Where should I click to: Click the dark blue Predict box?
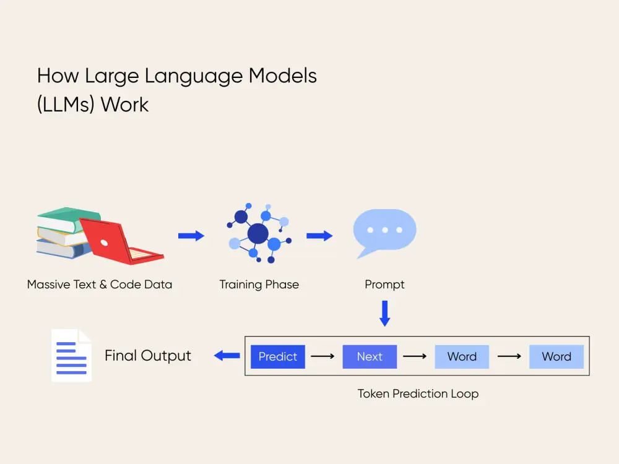[278, 356]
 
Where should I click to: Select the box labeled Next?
[370, 356]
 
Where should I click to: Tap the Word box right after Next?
[462, 356]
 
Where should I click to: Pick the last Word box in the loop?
[556, 356]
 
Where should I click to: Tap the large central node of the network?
[258, 233]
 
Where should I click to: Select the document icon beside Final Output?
[71, 355]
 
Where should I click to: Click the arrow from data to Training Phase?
[191, 236]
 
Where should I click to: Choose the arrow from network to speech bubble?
[319, 236]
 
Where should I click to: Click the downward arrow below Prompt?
[384, 313]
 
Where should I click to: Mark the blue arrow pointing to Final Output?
[227, 355]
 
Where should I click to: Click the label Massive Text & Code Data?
[100, 285]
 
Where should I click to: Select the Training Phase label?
[259, 285]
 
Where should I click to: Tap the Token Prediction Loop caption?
[418, 393]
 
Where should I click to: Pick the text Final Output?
[148, 356]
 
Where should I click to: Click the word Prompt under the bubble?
[384, 285]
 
